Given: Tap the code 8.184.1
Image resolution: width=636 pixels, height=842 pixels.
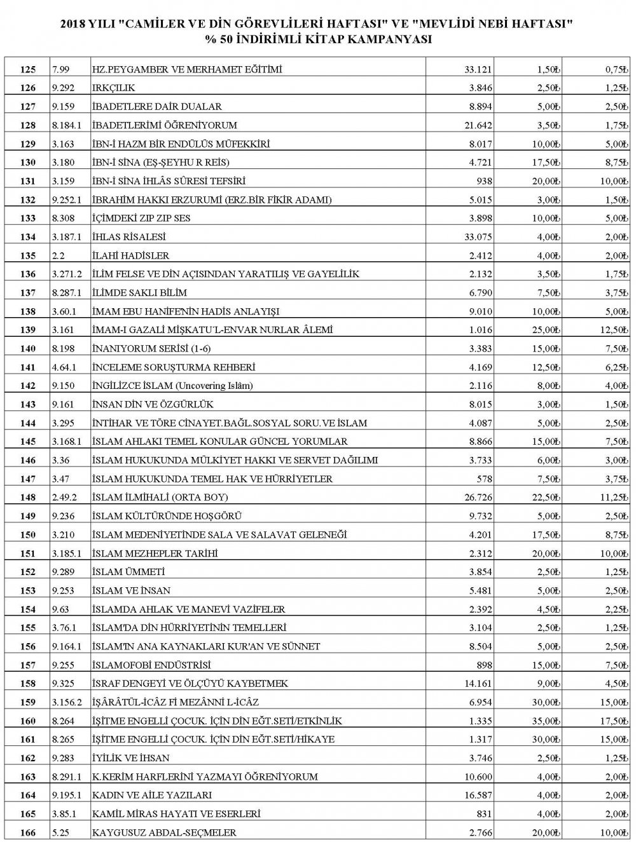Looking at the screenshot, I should pyautogui.click(x=66, y=125).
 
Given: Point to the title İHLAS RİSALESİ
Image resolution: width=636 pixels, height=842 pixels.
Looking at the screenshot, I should pyautogui.click(x=129, y=237).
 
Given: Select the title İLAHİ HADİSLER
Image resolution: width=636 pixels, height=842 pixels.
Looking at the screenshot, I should pyautogui.click(x=131, y=255).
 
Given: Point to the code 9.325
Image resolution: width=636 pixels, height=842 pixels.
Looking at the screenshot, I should pyautogui.click(x=64, y=684).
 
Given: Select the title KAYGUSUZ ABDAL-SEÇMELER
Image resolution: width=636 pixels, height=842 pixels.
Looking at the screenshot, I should pyautogui.click(x=164, y=832).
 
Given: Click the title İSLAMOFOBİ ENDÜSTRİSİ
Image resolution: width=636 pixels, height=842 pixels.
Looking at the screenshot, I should pyautogui.click(x=151, y=665).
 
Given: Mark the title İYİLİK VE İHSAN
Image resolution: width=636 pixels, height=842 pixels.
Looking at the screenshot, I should pyautogui.click(x=131, y=758).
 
